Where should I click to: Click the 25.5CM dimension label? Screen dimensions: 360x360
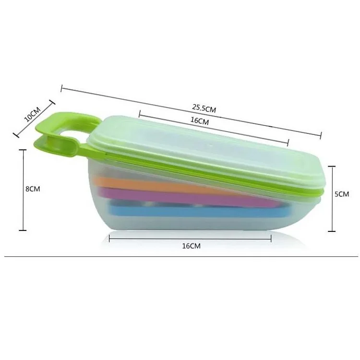coord(204,108)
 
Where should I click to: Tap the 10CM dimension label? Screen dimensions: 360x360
coord(32,114)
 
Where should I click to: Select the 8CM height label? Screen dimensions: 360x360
coord(33,189)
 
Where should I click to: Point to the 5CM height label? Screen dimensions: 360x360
coord(342,194)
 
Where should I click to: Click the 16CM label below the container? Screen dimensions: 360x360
coord(191,246)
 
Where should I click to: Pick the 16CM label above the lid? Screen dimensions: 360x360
coord(200,121)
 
